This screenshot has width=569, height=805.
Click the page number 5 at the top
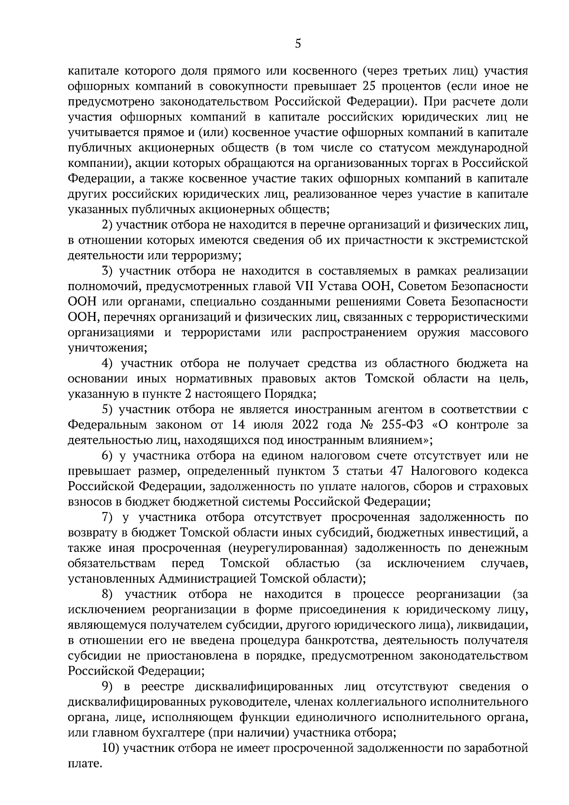pos(297,44)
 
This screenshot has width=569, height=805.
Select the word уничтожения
pos(107,348)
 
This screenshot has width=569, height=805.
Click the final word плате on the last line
pos(84,764)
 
